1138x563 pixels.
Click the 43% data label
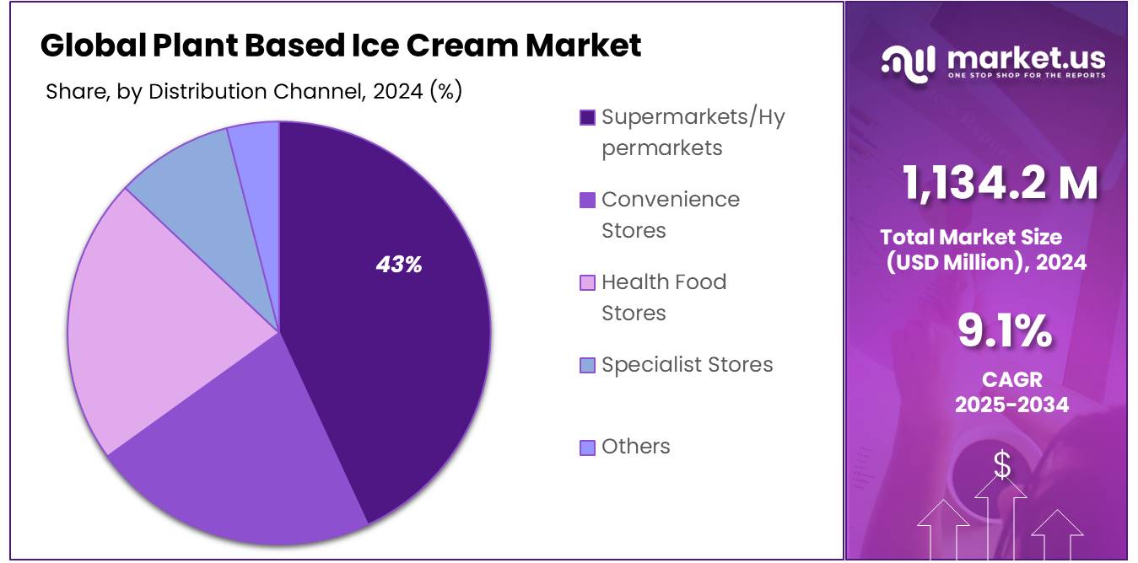pos(399,265)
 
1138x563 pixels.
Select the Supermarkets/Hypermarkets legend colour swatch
pos(587,117)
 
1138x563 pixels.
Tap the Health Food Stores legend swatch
pos(587,282)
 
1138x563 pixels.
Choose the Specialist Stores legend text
pos(687,364)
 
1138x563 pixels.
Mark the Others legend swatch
pos(587,447)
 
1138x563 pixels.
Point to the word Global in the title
pos(93,45)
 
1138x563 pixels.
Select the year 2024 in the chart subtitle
pos(397,91)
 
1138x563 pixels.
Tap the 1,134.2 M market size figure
pos(1000,183)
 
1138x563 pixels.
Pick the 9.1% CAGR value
pos(1005,331)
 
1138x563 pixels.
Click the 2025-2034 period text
pos(1011,405)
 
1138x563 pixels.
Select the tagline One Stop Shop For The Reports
pos(1025,76)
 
